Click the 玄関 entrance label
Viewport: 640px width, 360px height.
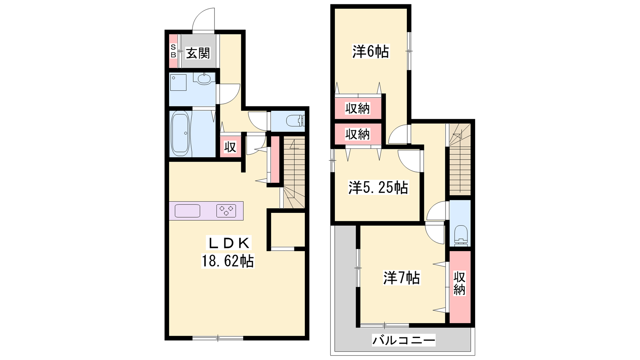[198, 53]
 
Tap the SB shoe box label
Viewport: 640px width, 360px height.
[173, 51]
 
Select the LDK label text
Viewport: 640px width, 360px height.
[229, 244]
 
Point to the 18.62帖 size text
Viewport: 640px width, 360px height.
[228, 260]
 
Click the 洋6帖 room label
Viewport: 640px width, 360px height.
[370, 52]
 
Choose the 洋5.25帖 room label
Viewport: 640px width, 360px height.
[378, 188]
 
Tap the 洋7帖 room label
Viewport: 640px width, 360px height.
[402, 278]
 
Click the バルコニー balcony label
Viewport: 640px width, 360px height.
[404, 340]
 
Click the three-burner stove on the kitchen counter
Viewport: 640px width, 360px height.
[226, 211]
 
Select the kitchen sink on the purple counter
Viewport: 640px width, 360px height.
[188, 211]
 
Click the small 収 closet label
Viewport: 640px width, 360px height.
[230, 147]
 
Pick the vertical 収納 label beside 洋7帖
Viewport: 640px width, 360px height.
[460, 284]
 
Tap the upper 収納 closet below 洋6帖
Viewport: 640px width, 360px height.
[358, 108]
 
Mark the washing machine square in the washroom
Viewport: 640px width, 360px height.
[178, 83]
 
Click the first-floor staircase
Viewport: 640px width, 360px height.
[294, 172]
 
